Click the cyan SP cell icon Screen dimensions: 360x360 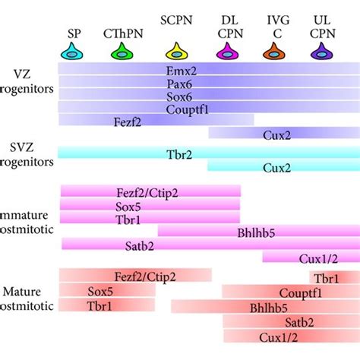(x=72, y=52)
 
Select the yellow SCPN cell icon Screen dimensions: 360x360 (x=178, y=52)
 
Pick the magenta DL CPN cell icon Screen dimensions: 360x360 (x=226, y=52)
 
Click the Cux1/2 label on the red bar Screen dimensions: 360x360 (x=276, y=336)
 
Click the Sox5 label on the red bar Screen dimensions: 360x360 (x=99, y=291)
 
